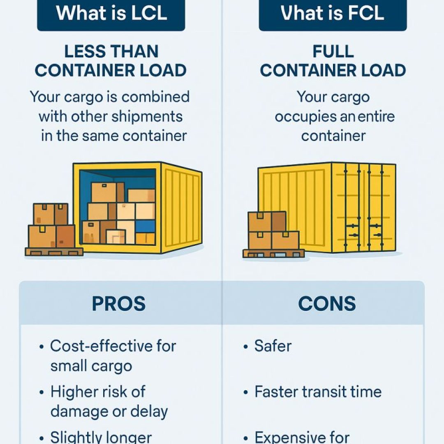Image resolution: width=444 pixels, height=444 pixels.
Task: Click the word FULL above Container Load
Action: click(333, 52)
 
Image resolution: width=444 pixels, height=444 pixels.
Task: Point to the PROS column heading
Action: click(118, 304)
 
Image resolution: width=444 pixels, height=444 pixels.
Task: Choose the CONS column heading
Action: click(327, 304)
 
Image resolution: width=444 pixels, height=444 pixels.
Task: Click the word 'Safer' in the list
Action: click(273, 346)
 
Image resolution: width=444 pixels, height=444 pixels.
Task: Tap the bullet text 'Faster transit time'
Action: click(318, 392)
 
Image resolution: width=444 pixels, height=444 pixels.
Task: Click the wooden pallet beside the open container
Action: click(54, 251)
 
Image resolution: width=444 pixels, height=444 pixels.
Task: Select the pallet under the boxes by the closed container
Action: click(273, 253)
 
